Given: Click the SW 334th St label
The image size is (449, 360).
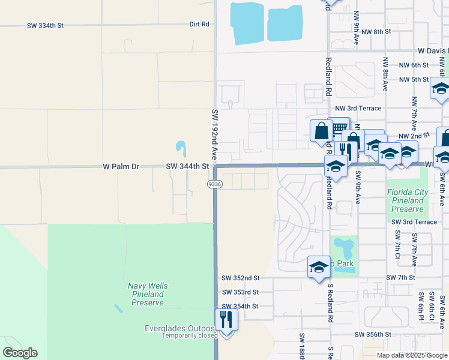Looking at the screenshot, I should tap(45, 26).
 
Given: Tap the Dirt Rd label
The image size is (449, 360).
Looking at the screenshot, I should tap(199, 25).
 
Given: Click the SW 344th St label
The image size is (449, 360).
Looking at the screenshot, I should tap(187, 166).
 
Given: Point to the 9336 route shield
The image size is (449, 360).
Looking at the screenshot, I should tap(215, 184).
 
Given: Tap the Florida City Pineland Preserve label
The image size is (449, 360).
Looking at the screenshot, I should tap(407, 201).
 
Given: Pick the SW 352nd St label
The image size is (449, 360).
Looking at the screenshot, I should tap(240, 278).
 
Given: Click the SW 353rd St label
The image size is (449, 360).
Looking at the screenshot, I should tap(240, 292).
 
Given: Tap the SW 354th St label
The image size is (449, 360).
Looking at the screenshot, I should tap(240, 306).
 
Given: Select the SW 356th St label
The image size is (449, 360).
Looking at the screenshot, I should tap(373, 334).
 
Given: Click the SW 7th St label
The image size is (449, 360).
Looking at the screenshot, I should tap(400, 278).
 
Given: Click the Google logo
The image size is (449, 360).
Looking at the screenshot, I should tap(20, 353).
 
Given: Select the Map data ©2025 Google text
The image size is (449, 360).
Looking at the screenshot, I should tap(411, 355).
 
